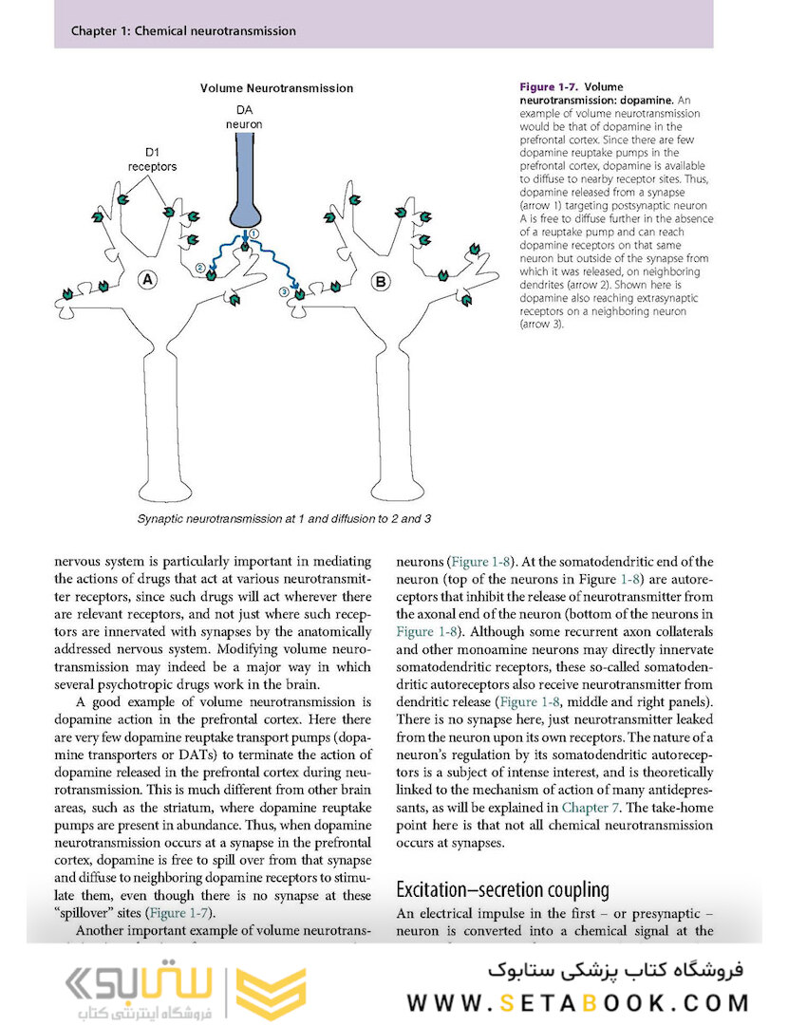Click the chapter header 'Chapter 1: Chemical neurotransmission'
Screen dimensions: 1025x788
(183, 31)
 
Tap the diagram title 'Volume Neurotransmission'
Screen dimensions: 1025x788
(276, 88)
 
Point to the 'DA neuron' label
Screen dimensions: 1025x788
(244, 117)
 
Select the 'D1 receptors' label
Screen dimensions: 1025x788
(153, 158)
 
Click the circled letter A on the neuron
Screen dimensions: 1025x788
(148, 279)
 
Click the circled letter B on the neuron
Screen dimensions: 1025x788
(381, 281)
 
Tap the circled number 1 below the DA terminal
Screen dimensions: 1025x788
(253, 233)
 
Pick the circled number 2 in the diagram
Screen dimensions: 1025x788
(200, 269)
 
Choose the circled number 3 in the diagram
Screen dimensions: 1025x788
(284, 291)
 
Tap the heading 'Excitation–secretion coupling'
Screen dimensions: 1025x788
(502, 890)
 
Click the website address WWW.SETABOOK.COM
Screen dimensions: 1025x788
(579, 1003)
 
